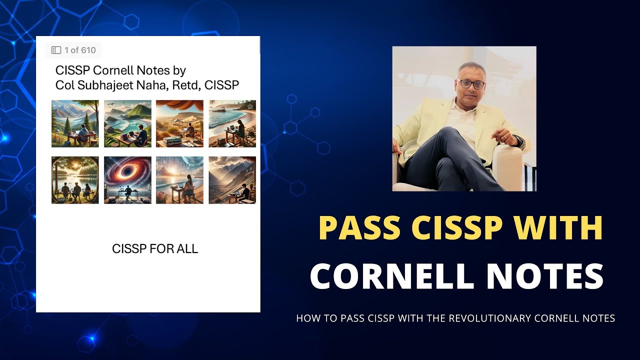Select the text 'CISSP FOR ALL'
(x=155, y=248)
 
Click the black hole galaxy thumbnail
(x=127, y=180)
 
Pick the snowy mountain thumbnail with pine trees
(x=75, y=123)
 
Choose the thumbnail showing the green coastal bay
(x=127, y=123)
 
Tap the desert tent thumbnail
(x=179, y=123)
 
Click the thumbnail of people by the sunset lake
(x=75, y=180)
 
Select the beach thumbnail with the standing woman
(x=232, y=123)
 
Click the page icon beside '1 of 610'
(x=56, y=50)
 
